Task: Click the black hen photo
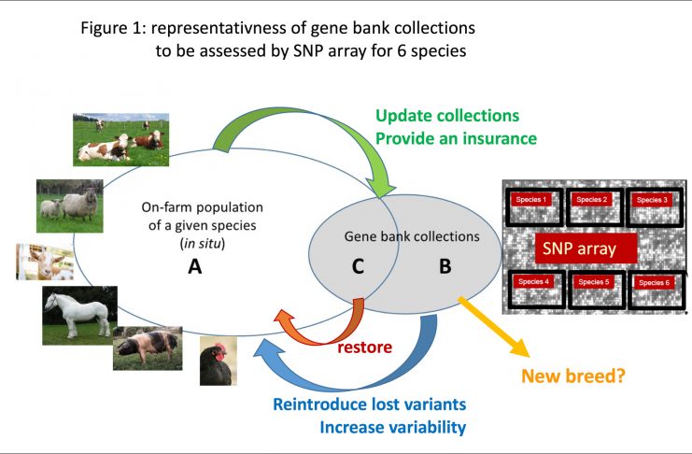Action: click(x=219, y=361)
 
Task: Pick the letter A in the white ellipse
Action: click(x=194, y=267)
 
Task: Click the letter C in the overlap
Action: click(x=359, y=267)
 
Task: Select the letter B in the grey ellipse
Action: click(x=445, y=267)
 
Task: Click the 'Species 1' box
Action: click(x=533, y=200)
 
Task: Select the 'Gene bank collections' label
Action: click(x=412, y=237)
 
